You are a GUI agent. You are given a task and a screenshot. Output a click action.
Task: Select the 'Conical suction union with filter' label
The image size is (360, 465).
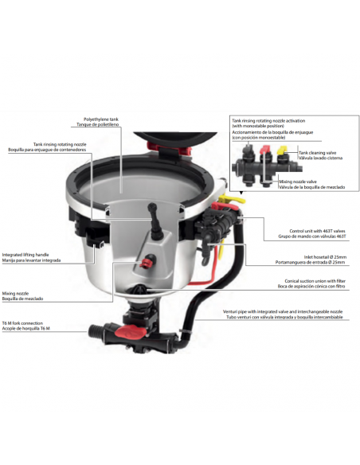pyautogui.click(x=309, y=281)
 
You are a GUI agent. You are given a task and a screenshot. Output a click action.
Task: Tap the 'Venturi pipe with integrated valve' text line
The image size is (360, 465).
pyautogui.click(x=300, y=313)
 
